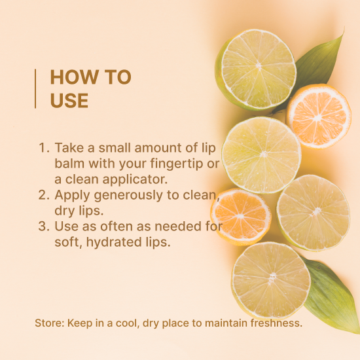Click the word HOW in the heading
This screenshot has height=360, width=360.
point(75,77)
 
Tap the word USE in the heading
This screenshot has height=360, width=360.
point(69,101)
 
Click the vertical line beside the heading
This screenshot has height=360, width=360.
point(35,88)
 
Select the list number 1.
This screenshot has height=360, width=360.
point(44,148)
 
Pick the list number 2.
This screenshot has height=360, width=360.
point(44,195)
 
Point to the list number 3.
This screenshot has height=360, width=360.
point(44,226)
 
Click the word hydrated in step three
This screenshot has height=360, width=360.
point(114,242)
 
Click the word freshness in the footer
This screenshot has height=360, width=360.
point(276,323)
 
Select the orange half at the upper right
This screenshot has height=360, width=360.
point(319,117)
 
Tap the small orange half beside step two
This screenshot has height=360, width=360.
point(241,217)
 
